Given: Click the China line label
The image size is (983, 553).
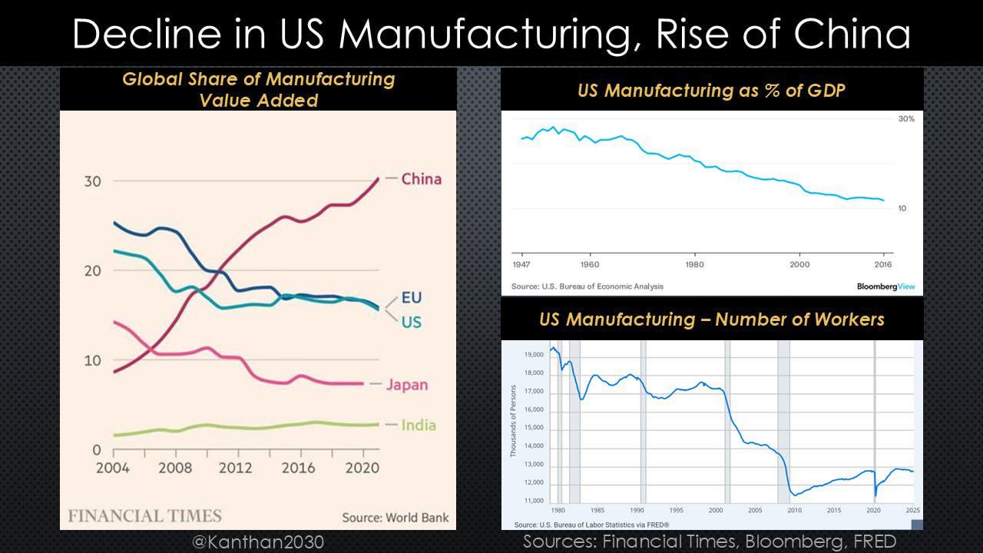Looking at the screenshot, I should pos(421,179).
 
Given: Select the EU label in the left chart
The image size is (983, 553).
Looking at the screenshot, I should pos(411,298).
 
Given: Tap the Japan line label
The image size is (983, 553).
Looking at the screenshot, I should pos(406,385).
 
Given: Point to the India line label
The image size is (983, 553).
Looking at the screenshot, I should pos(418,425).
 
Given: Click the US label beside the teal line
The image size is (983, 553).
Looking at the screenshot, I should pos(411,322).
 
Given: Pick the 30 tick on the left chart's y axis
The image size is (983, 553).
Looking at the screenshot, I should pos(92,181).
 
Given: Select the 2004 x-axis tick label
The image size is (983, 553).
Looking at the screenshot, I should pos(112,468).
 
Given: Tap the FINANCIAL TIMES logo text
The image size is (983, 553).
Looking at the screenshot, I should pos(144,516).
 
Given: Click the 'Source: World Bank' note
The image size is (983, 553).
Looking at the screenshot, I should pos(395,517).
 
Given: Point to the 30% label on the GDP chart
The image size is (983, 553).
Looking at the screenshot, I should pos(906,119).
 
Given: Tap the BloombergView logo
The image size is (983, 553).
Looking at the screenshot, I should pos(885,286).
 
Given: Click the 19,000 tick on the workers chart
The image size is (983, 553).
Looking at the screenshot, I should pos(533,355).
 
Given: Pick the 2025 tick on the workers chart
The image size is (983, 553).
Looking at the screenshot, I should pos(912,510).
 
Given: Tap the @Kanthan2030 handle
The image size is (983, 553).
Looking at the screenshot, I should pos(258,541).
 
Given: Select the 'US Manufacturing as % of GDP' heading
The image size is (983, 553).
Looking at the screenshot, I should pos(711,90).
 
